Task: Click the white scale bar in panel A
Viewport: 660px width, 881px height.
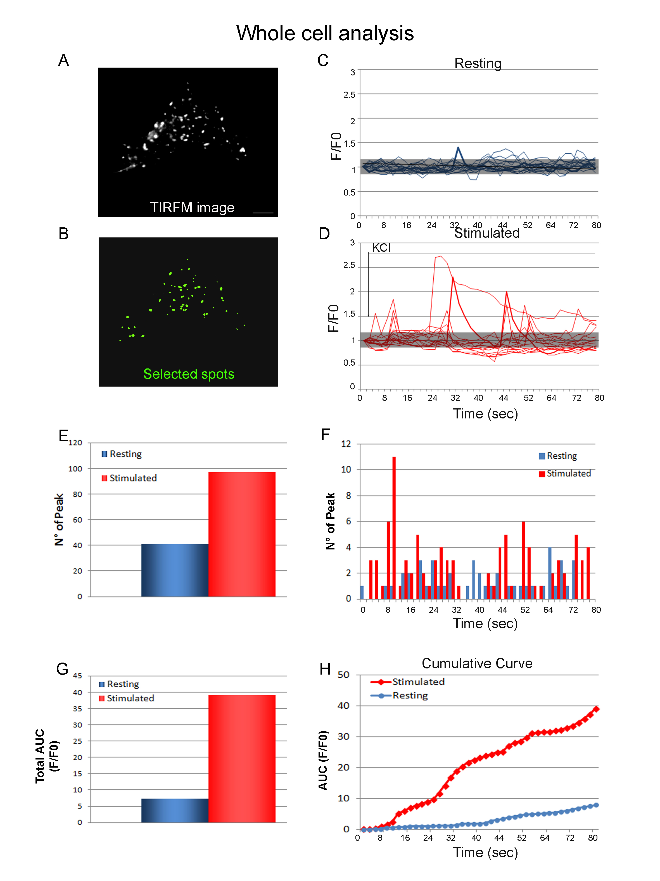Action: click(263, 213)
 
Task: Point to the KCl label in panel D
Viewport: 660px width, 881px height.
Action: click(381, 248)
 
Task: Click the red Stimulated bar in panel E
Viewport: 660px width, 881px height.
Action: click(241, 534)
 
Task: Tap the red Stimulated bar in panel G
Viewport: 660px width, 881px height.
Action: click(241, 758)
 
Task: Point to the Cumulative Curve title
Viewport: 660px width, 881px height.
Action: click(477, 663)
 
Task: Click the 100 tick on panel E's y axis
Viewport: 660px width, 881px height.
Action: click(75, 469)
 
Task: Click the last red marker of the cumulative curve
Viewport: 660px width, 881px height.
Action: click(596, 709)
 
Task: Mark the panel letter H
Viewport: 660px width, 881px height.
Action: click(325, 669)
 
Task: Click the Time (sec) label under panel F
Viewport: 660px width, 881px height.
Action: click(485, 623)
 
